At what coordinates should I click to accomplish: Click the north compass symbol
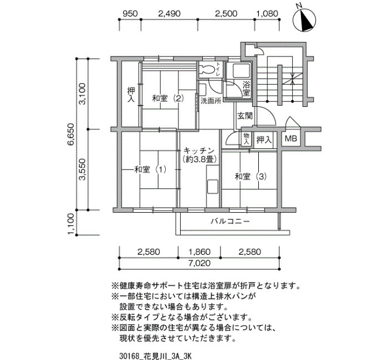click(x=304, y=20)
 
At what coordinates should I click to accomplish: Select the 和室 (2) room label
click(x=168, y=99)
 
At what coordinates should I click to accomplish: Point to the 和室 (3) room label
click(x=251, y=177)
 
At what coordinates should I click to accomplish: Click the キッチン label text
click(x=199, y=150)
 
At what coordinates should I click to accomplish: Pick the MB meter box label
click(x=291, y=138)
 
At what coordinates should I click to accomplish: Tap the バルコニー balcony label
click(x=230, y=221)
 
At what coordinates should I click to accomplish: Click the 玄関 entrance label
click(x=245, y=116)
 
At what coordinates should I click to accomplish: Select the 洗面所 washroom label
click(x=211, y=101)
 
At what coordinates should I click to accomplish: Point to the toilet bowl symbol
click(x=207, y=69)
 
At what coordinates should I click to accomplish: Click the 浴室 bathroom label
click(x=246, y=89)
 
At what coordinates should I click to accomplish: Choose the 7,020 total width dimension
click(x=200, y=263)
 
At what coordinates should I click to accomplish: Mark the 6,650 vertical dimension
click(x=71, y=135)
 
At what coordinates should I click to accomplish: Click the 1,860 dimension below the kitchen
click(x=200, y=252)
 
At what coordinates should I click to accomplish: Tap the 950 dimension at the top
click(x=130, y=13)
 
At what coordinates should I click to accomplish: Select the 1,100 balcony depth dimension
click(x=71, y=224)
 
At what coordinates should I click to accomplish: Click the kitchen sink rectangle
click(x=212, y=187)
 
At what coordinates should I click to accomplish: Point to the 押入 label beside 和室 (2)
click(x=131, y=95)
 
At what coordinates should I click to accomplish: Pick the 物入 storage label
click(x=247, y=139)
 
